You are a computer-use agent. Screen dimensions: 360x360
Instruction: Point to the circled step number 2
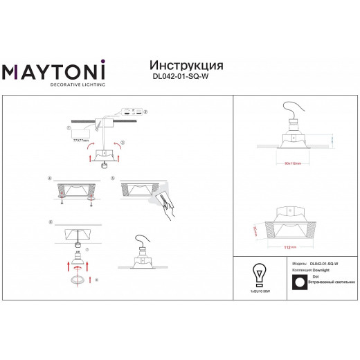pyautogui.click(x=145, y=112)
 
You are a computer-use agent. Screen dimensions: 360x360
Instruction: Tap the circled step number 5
pyautogui.click(x=112, y=179)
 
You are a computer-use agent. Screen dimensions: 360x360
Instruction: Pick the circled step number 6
pyautogui.click(x=51, y=222)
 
